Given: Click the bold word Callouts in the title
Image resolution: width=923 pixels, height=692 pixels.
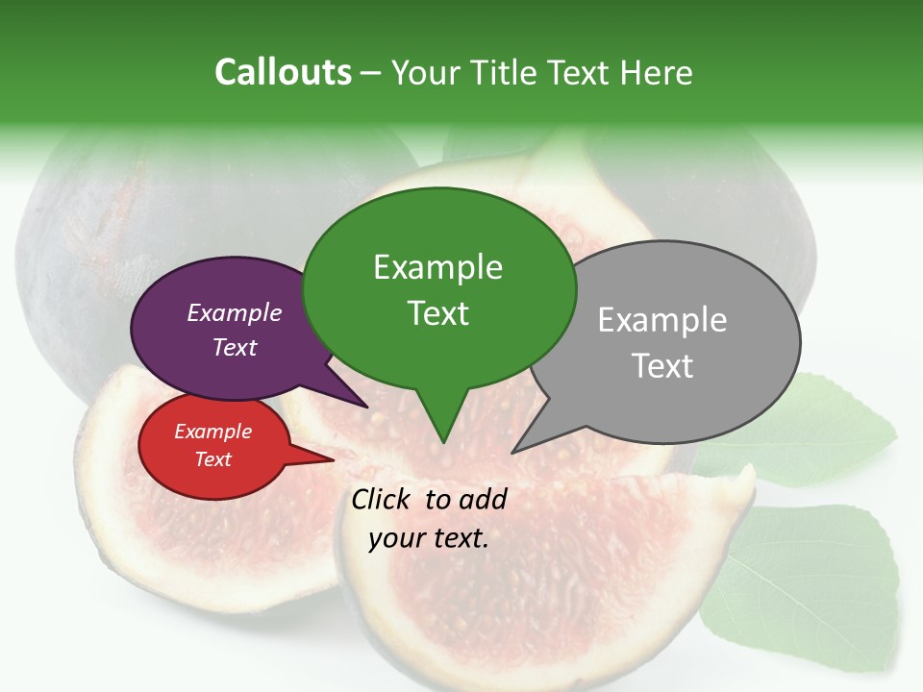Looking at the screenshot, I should tap(283, 72).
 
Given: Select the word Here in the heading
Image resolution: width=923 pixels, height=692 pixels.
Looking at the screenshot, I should tap(656, 72).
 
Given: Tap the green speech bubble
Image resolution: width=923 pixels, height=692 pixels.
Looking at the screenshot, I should tap(438, 288).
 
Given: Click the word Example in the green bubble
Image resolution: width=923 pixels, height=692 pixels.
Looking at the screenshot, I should tap(437, 267).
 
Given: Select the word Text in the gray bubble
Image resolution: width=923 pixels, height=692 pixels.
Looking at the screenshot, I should tap(662, 365).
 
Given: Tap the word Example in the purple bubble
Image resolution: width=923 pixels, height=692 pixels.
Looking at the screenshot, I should tap(234, 312).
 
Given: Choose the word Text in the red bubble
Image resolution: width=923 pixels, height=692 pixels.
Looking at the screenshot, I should tap(212, 459).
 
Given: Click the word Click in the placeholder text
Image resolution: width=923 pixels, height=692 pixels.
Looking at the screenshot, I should tap(383, 499).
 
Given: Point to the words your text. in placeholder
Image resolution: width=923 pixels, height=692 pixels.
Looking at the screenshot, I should tap(429, 538).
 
